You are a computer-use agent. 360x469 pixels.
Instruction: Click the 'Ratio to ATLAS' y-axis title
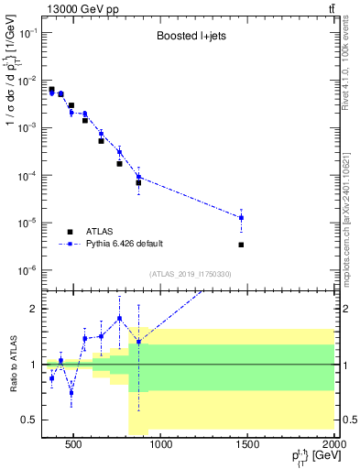tap(13, 364)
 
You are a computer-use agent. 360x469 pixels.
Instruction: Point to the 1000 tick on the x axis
tap(160, 446)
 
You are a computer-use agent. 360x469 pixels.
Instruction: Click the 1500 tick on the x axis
tap(247, 446)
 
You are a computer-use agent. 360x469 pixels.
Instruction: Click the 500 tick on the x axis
tap(74, 446)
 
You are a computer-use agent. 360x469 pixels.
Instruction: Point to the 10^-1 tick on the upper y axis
tap(30, 32)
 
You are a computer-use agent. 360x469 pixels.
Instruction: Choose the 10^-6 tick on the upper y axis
tap(30, 270)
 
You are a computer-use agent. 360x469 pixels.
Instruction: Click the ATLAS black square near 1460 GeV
tap(241, 245)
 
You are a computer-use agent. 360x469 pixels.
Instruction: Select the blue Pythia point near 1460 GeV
tap(241, 218)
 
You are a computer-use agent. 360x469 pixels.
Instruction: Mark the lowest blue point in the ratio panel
tap(71, 392)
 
